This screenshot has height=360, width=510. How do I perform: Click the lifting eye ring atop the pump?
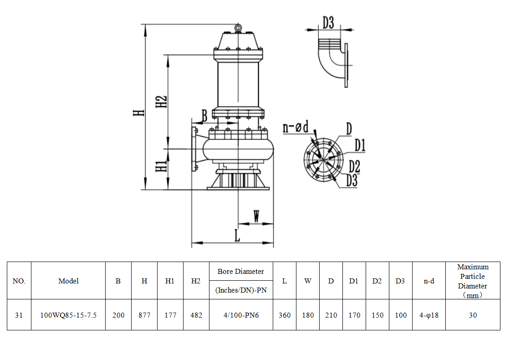coord(238,29)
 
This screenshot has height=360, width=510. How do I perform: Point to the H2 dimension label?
coord(161,102)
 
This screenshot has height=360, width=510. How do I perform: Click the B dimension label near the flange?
coord(204,116)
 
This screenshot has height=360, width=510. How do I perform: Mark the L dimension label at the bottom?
coord(237,236)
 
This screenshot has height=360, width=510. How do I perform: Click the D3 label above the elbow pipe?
coord(328,22)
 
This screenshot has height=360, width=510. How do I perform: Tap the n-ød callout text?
coord(296,127)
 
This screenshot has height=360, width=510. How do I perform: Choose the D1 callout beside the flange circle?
coord(360,145)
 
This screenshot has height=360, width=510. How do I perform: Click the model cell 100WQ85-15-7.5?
coord(68,315)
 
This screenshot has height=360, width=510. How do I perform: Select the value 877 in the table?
coord(144,315)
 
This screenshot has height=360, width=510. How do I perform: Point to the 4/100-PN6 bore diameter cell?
coord(241,315)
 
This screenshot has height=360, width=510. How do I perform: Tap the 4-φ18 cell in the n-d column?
coord(428,315)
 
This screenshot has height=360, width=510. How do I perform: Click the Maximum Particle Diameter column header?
coord(473,281)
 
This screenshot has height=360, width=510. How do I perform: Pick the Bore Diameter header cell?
coord(241,272)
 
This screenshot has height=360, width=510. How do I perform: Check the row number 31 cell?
coord(19,315)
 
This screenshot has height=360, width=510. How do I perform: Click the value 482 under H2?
coord(196,315)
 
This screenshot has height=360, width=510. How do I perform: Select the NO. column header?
coord(19,281)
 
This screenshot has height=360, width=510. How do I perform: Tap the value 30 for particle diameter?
coord(473,315)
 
